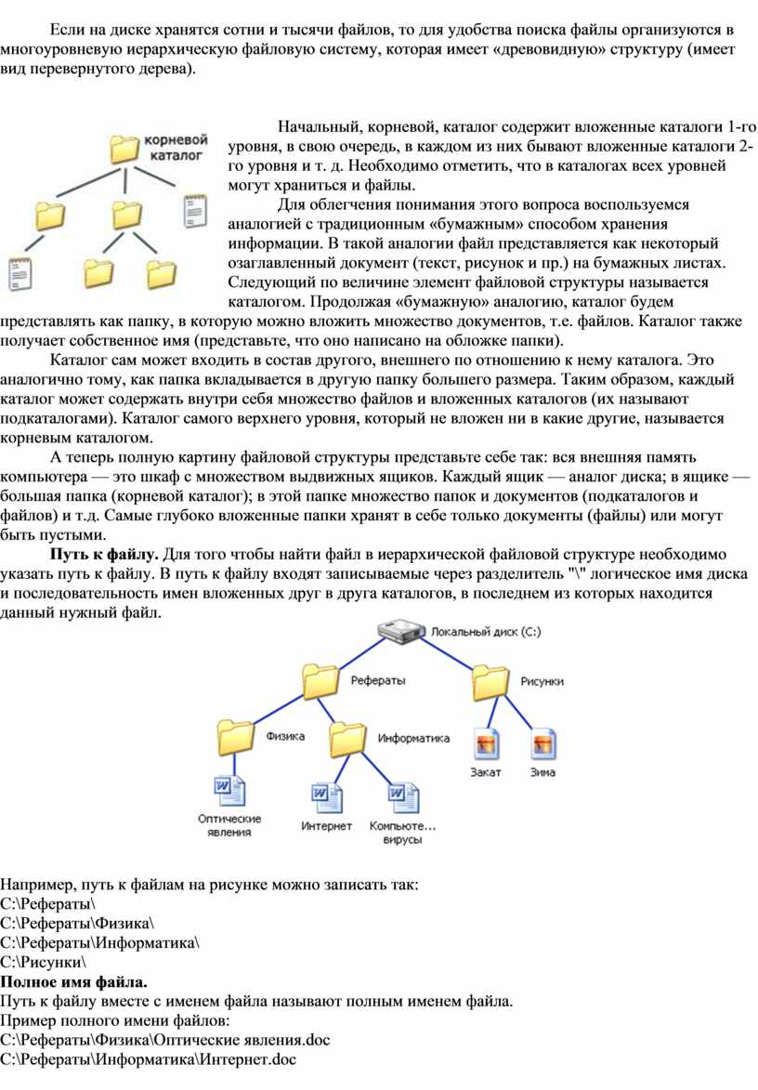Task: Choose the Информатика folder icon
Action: (x=347, y=739)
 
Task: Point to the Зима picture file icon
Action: (x=543, y=744)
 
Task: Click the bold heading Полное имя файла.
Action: (x=74, y=982)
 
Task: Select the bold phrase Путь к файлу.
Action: (x=104, y=556)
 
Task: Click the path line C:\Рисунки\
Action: (x=45, y=962)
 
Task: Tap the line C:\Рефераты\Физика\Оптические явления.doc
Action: (x=165, y=1038)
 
